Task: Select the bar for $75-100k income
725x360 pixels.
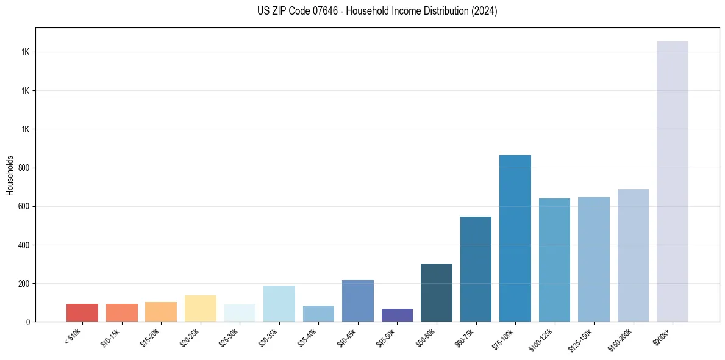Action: pos(515,238)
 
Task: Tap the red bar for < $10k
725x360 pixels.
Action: pos(82,312)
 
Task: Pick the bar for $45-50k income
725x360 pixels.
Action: pos(397,315)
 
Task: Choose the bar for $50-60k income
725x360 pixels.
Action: pos(436,292)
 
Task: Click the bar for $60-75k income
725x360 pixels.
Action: pos(476,268)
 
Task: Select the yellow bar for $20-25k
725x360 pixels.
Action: pos(200,308)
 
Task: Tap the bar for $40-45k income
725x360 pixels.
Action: pos(357,300)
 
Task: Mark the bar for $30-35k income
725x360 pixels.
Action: pos(279,303)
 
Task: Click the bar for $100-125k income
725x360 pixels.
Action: pos(554,259)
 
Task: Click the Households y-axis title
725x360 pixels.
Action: pos(10,175)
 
